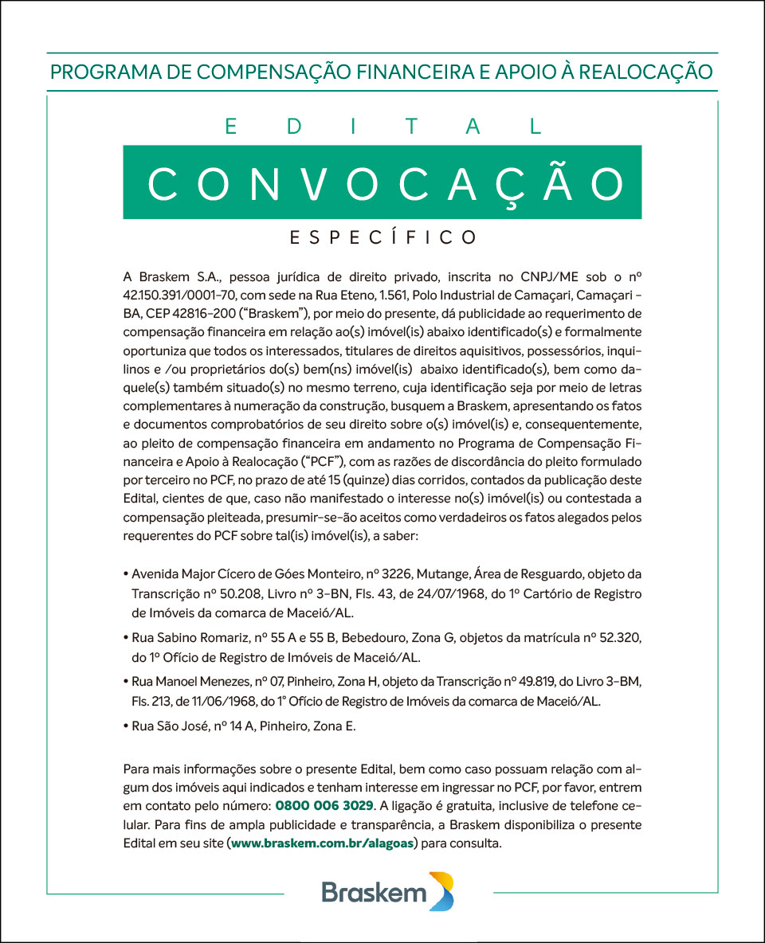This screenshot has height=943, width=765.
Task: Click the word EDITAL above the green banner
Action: coord(382,127)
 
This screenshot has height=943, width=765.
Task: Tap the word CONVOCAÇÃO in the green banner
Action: coord(382,182)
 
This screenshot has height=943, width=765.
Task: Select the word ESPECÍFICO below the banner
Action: coord(382,237)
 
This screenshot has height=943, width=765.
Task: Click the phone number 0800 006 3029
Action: coord(324,806)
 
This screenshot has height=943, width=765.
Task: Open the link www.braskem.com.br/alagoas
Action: coord(322,843)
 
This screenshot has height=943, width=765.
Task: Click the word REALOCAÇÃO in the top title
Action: coord(645,72)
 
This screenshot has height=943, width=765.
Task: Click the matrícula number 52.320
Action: coord(621,639)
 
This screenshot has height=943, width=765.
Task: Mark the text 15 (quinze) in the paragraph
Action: coord(379,480)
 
